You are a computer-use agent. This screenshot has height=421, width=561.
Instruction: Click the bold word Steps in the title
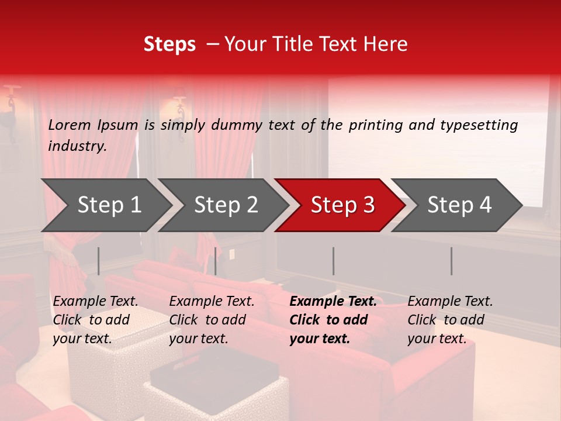(x=169, y=44)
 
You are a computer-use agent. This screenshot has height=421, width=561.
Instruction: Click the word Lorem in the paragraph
(x=70, y=125)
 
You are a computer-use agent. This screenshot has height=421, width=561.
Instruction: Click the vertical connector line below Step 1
(x=99, y=261)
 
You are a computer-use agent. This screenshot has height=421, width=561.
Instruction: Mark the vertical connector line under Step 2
(x=216, y=261)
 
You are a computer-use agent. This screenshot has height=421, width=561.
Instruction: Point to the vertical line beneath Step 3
(x=334, y=261)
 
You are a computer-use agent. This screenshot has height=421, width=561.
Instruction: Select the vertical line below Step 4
(x=451, y=261)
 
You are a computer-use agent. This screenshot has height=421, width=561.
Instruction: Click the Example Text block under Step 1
(x=95, y=320)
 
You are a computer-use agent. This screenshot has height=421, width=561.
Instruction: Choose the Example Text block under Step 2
(x=212, y=320)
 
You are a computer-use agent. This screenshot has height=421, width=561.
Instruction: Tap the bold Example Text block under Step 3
(x=333, y=320)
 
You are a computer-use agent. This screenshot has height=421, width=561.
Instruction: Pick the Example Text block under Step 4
(x=450, y=320)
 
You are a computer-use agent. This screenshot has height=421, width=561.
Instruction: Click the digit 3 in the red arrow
(x=368, y=205)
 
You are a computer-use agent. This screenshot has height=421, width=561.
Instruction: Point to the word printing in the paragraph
(x=376, y=125)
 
